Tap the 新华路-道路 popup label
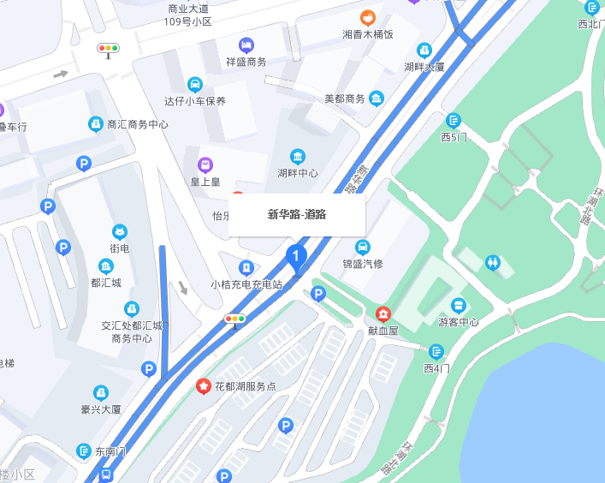click(x=297, y=214)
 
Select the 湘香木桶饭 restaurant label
click(x=368, y=35)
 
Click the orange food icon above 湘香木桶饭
click(x=368, y=17)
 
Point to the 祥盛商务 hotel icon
click(x=246, y=45)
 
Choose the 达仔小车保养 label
click(x=195, y=101)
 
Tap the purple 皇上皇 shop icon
click(x=205, y=164)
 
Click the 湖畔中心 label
click(x=297, y=173)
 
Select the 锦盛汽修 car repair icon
click(x=363, y=247)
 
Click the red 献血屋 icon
click(x=383, y=313)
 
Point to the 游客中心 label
click(x=458, y=322)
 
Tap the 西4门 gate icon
click(x=436, y=351)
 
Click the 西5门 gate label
click(x=454, y=137)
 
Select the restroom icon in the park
click(x=492, y=262)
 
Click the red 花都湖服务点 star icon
click(x=204, y=386)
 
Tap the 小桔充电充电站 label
click(x=246, y=284)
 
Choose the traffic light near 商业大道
click(x=109, y=49)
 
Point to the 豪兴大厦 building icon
click(x=100, y=392)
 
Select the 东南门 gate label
click(x=110, y=451)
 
